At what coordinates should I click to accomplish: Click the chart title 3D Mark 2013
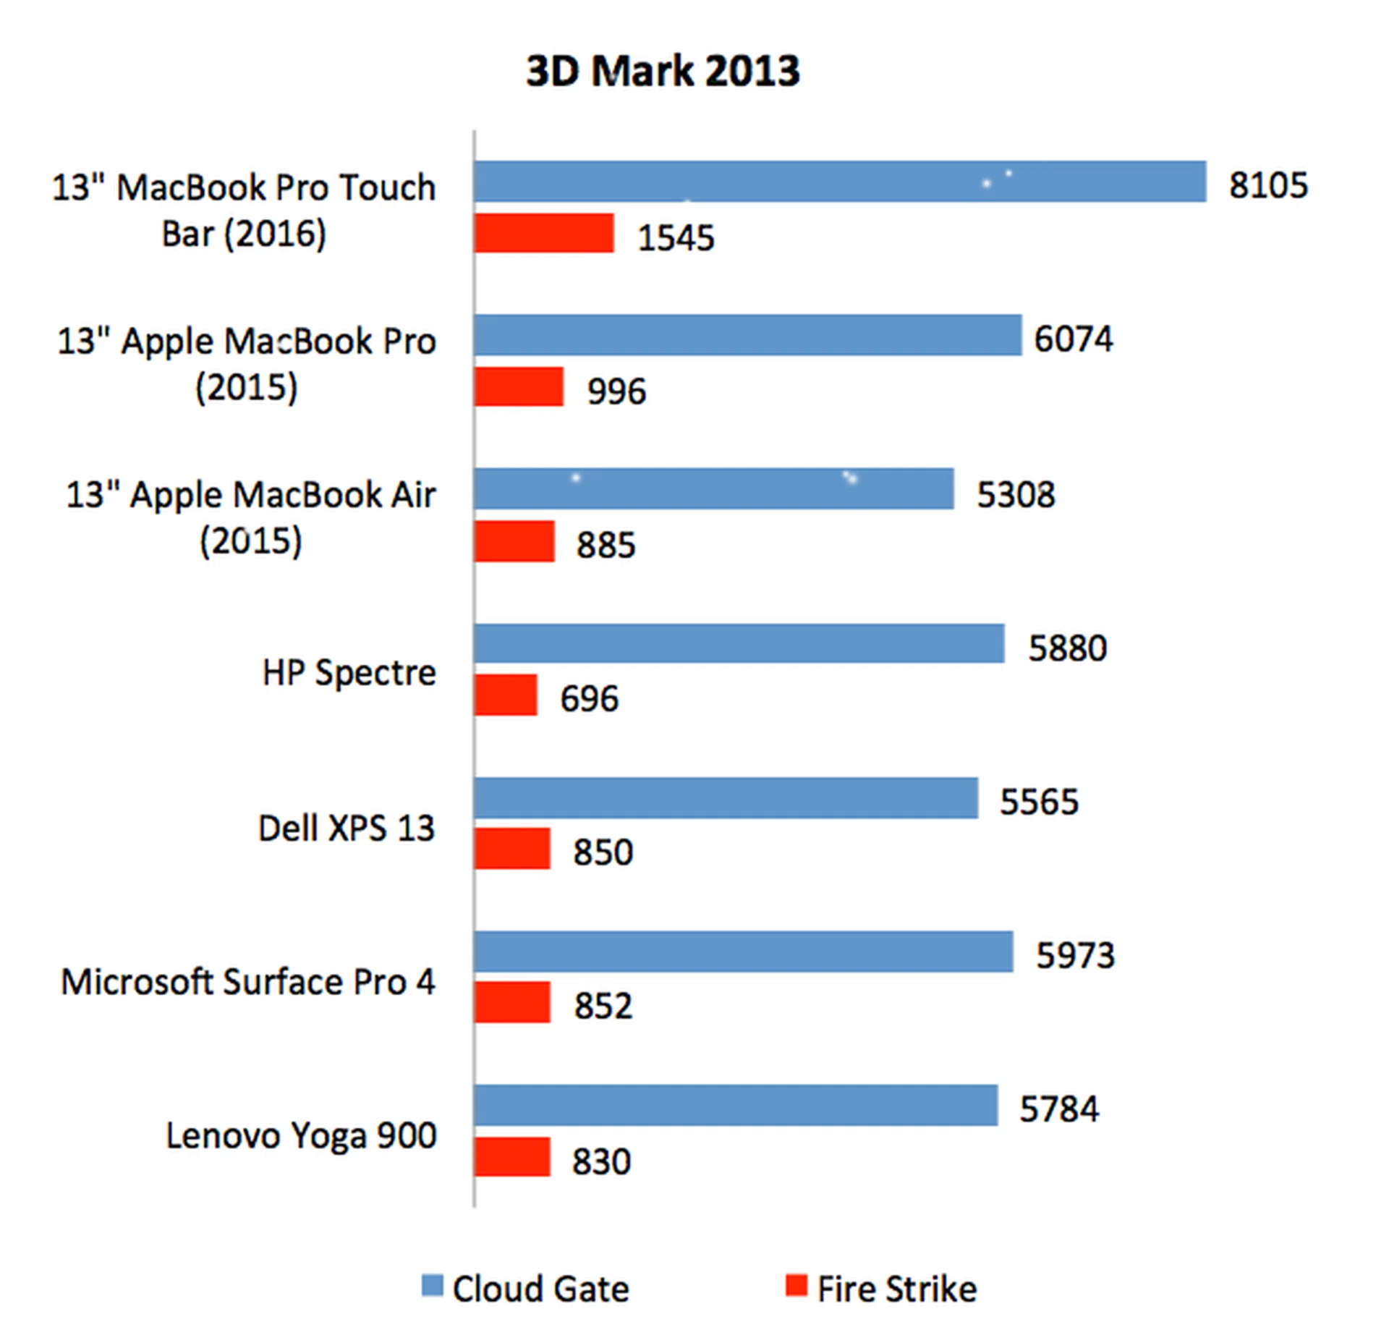tap(662, 71)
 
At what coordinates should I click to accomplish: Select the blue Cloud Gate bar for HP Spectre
tap(739, 643)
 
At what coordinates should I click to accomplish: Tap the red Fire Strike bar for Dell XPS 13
tap(511, 848)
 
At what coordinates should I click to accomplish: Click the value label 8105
tap(1267, 185)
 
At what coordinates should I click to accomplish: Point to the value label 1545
tap(675, 237)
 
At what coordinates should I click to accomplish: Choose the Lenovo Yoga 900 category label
tap(301, 1135)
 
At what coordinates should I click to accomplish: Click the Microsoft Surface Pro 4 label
tap(247, 982)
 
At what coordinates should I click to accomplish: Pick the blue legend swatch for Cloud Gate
tap(432, 1286)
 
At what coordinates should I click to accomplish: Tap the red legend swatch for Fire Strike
tap(796, 1286)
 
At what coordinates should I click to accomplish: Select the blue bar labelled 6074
tap(747, 335)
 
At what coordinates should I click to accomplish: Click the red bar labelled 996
tap(518, 386)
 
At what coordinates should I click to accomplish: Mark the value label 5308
tap(1015, 494)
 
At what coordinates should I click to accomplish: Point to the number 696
tap(589, 698)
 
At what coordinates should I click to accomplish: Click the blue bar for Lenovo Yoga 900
tap(735, 1105)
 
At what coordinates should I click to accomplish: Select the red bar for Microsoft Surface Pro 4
tap(511, 1002)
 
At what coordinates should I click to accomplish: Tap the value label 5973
tap(1074, 955)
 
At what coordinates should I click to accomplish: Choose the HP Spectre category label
tap(349, 672)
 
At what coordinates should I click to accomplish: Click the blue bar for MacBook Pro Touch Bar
tap(839, 182)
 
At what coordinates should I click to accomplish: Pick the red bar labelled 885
tap(514, 541)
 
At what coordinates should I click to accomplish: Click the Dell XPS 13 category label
tap(346, 828)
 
